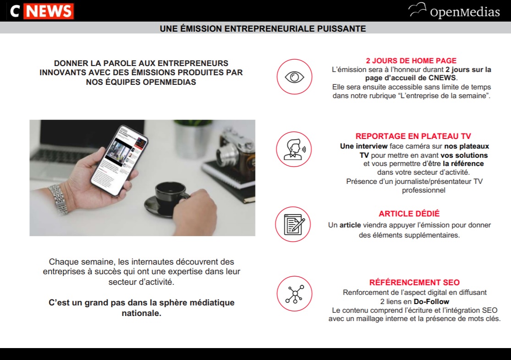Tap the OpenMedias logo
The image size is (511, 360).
coord(454,11)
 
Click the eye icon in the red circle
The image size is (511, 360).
coord(294,77)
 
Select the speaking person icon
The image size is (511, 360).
coord(294,150)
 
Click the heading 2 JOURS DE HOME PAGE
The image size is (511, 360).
coord(411,61)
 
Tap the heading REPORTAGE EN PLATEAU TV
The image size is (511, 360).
coord(413,136)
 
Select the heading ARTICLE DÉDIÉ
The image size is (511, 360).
coord(409,214)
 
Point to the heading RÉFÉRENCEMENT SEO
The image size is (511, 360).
coord(414,282)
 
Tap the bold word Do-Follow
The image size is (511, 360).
coord(431,302)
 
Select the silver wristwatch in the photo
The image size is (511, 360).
coord(59,199)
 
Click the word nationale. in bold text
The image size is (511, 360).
coord(142,313)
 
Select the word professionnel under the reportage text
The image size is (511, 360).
coord(423,190)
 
